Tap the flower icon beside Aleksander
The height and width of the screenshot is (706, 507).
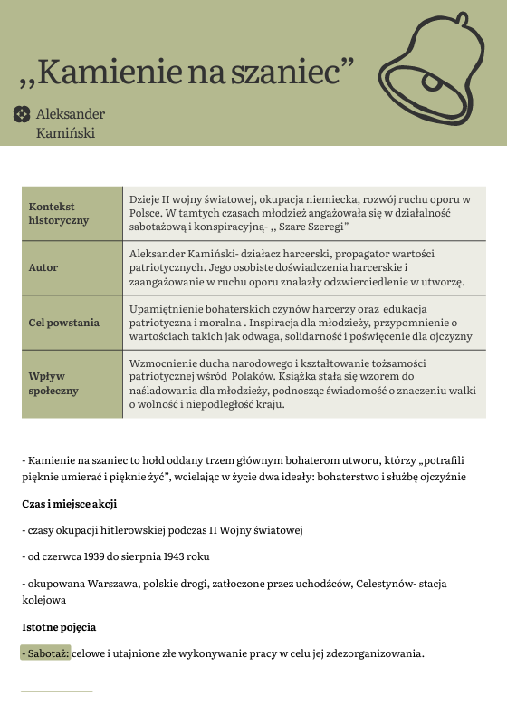click(x=21, y=114)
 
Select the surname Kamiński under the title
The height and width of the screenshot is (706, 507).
click(x=65, y=133)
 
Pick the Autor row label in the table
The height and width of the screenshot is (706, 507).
click(x=43, y=268)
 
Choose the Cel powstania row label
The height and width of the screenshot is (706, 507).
click(x=64, y=323)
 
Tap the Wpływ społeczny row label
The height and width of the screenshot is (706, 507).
click(x=53, y=383)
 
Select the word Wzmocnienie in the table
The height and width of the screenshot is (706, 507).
click(x=166, y=363)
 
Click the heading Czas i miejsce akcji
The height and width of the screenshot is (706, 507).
click(x=69, y=504)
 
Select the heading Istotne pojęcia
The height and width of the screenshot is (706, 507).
click(x=59, y=626)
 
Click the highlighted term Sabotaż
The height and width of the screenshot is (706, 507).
click(x=44, y=653)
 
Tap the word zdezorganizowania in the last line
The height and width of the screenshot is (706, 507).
click(x=372, y=653)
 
